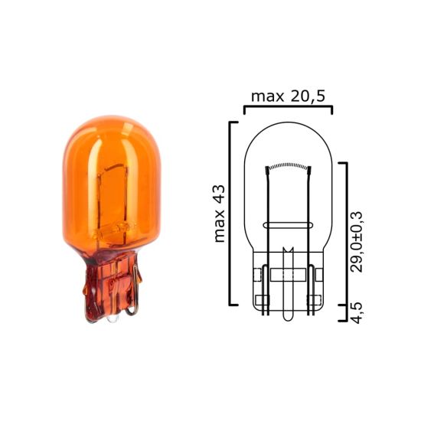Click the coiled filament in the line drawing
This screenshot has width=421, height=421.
pos(288,167)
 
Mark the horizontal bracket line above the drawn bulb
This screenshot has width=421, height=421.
pos(288,108)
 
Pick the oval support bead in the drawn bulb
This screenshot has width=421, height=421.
pos(288,225)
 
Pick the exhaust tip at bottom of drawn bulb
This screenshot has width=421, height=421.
pos(288,314)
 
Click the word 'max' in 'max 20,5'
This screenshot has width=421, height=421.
pos(262,96)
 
